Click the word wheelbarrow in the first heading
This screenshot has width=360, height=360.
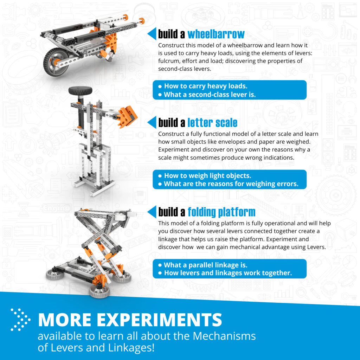coord(216,34)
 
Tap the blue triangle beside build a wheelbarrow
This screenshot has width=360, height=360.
coord(152,34)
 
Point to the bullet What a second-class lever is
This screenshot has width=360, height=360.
coord(210,95)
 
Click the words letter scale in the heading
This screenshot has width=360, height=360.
coord(212,123)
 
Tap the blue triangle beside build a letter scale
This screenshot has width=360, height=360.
coord(152,122)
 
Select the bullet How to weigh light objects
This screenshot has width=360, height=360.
coord(207,176)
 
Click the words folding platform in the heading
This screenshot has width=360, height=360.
coord(221,212)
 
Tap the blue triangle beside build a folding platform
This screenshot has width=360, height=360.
coord(152,212)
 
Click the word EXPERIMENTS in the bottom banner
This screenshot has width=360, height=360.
coord(160,320)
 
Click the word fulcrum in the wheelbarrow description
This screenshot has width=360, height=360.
coord(169,61)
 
